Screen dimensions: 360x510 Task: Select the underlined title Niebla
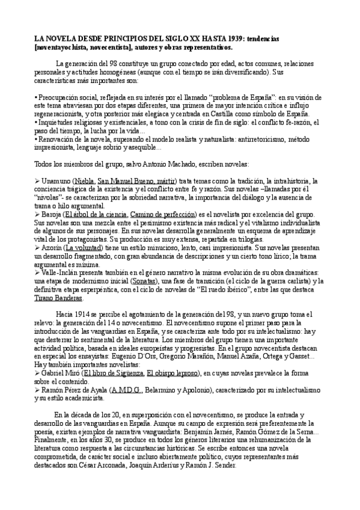click(84, 181)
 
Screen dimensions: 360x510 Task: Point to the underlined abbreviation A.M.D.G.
click(126, 390)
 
